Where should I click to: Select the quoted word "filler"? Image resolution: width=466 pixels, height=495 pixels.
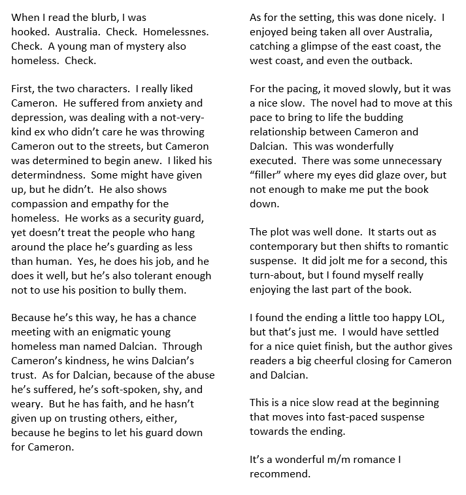pos(270,176)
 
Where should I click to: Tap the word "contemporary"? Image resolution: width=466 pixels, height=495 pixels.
pos(285,246)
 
